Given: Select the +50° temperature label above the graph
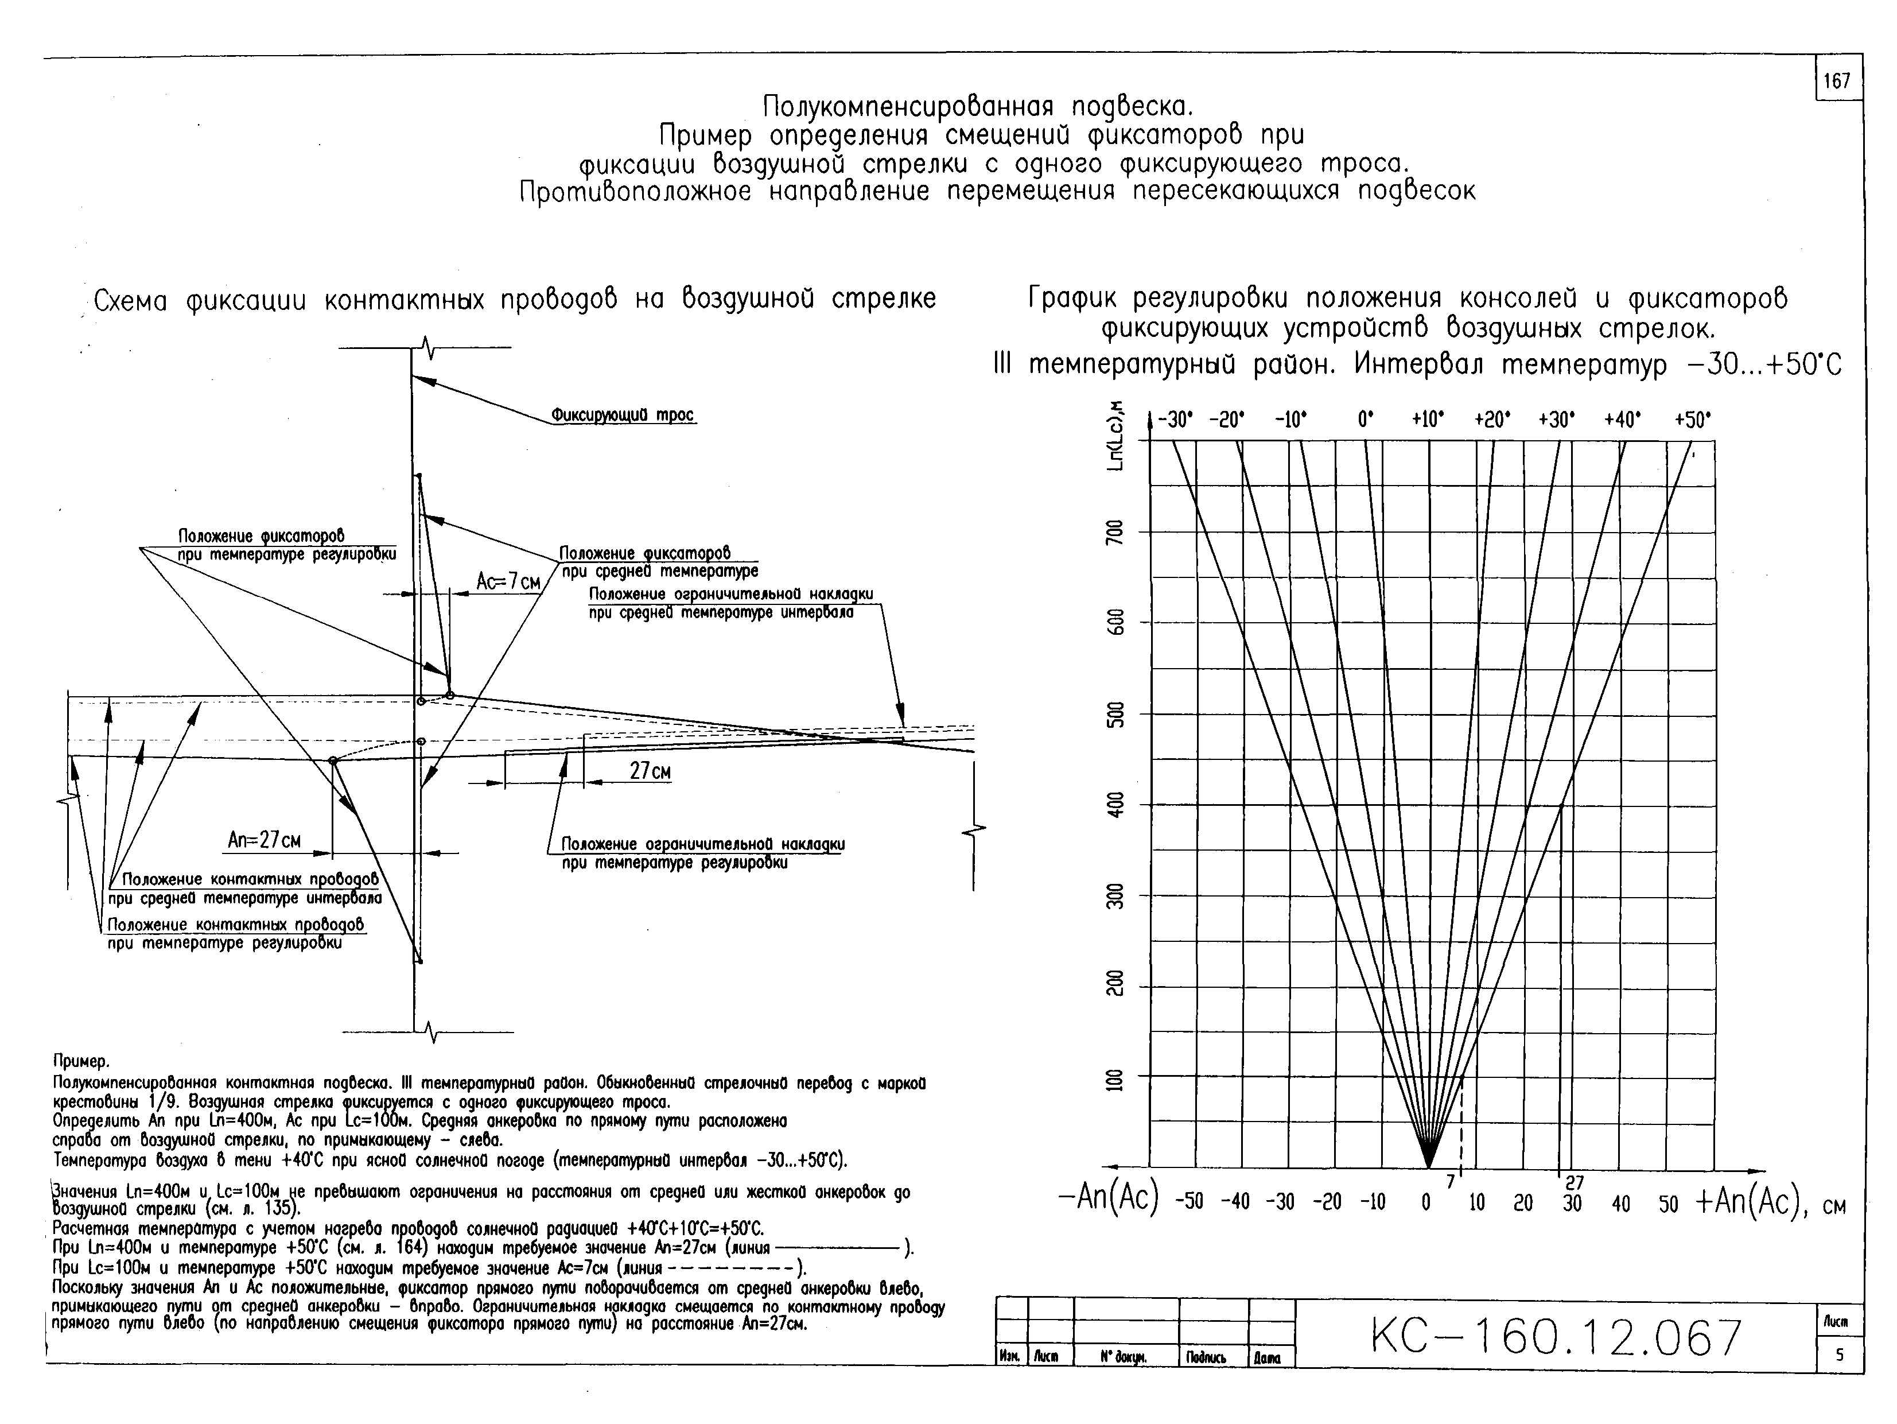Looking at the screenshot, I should (x=1692, y=420).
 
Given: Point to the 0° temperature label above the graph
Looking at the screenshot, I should (x=1365, y=420).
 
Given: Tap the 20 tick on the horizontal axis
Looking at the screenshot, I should (x=1523, y=1202).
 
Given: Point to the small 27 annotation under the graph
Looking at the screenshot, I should (x=1575, y=1183).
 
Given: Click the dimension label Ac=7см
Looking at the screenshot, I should (x=508, y=581).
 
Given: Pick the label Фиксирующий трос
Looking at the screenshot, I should (x=622, y=415).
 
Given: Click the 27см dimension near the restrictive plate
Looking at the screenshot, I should (x=650, y=771).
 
